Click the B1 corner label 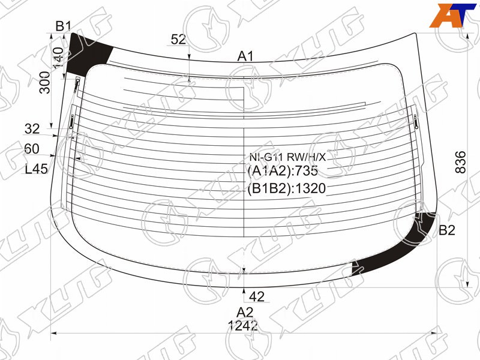point(64,26)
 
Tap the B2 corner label point(447,230)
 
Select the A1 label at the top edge point(245,56)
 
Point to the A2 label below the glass point(245,312)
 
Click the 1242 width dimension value point(243,326)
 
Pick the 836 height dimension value point(460,162)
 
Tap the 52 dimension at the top point(178,40)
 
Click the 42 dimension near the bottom point(257,296)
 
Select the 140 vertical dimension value point(58,58)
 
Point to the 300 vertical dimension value point(46,82)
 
